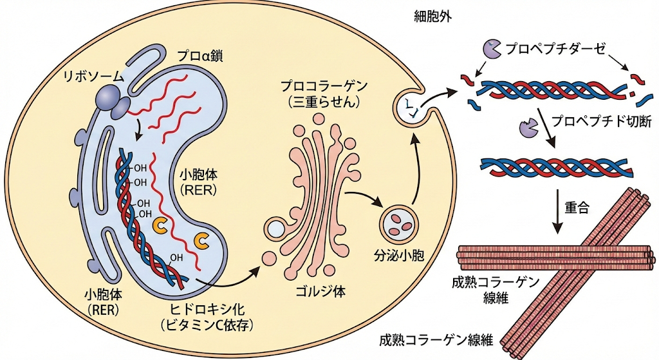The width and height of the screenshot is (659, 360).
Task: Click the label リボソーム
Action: [x=92, y=76]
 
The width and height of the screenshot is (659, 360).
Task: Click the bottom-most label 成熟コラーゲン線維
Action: [x=438, y=340]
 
